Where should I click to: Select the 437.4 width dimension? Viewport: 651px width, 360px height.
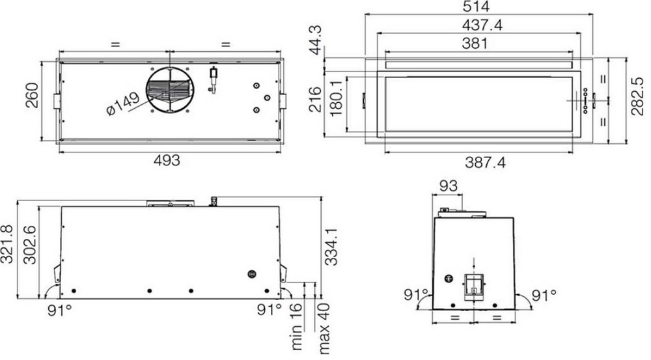click(482, 25)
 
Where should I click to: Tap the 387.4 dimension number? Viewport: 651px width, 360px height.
click(485, 162)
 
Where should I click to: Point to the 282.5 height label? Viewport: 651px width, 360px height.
click(637, 96)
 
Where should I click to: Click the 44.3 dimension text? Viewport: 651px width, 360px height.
click(316, 40)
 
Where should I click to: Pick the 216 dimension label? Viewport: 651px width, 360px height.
click(315, 99)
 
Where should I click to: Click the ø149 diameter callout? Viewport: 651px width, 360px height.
click(122, 104)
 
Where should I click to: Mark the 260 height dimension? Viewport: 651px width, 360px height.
click(31, 96)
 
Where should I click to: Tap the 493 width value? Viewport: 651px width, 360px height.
click(167, 160)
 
